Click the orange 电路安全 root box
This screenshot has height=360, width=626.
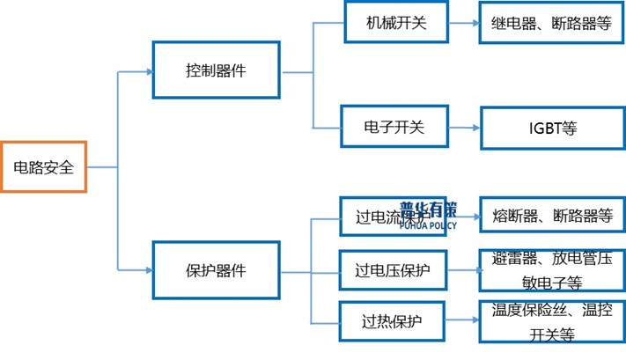tap(43, 165)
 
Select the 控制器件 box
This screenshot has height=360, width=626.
tap(215, 70)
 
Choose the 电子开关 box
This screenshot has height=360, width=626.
tap(394, 128)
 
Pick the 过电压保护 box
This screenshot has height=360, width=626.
tap(392, 270)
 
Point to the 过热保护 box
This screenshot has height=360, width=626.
tap(392, 321)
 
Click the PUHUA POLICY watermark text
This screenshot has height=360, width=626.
tap(428, 225)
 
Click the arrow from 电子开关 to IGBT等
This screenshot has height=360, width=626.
tap(463, 128)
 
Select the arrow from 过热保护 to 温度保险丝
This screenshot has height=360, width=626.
tap(462, 322)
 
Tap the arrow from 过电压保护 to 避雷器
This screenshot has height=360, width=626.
tap(462, 270)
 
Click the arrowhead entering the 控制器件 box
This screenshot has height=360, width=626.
tap(147, 71)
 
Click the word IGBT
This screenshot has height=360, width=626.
tap(538, 128)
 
